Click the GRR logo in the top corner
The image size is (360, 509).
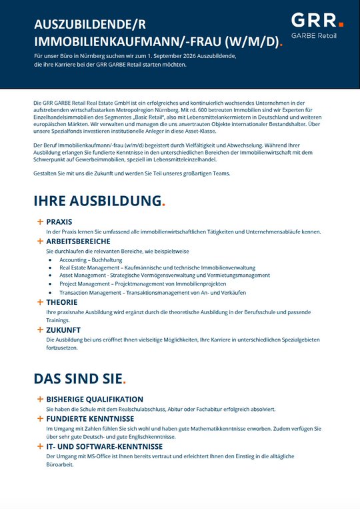[317, 19]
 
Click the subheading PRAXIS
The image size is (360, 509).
[59, 221]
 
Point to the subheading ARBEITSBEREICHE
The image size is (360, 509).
[78, 241]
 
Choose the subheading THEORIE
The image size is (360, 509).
[62, 302]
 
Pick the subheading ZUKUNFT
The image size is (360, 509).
[63, 330]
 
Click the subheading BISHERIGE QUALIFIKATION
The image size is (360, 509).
[95, 399]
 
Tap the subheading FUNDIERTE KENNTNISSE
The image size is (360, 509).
[90, 418]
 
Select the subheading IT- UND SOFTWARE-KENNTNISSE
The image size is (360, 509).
[104, 446]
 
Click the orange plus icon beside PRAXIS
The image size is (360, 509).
[40, 221]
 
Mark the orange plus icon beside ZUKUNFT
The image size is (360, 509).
[40, 330]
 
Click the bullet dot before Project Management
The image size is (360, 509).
[50, 284]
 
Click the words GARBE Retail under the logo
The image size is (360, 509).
[314, 35]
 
